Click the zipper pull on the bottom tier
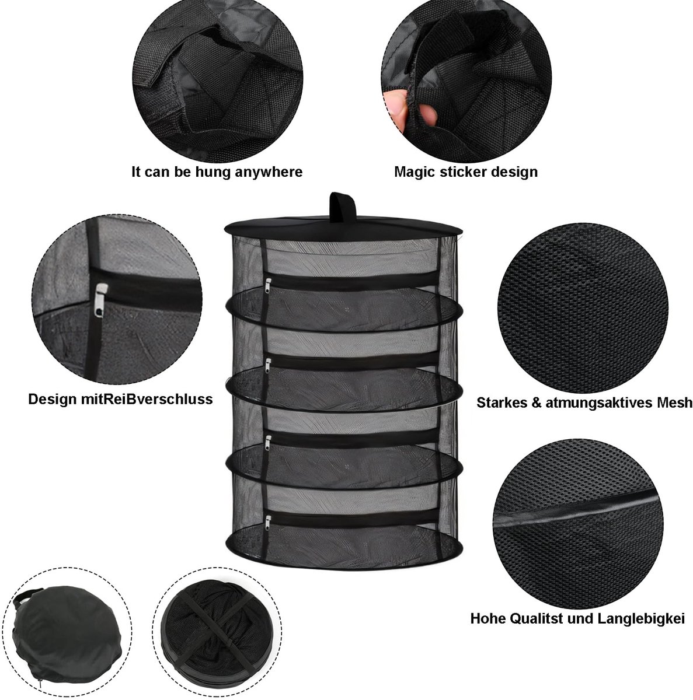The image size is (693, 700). (269, 522)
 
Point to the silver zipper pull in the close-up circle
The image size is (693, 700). (101, 299)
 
